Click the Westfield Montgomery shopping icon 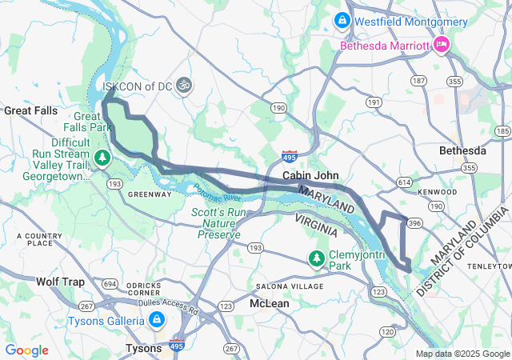point(342,19)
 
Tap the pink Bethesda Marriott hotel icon point(440,45)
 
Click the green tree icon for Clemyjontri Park point(317,258)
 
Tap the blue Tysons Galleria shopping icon point(157,321)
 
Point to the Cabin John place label point(310,175)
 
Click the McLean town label point(269,304)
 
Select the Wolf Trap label point(60,282)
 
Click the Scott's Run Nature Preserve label point(216,223)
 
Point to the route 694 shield point(110,284)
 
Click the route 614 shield point(404,182)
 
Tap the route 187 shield point(418,81)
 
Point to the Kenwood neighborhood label point(439,192)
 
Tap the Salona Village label point(289,286)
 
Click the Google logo point(26,350)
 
